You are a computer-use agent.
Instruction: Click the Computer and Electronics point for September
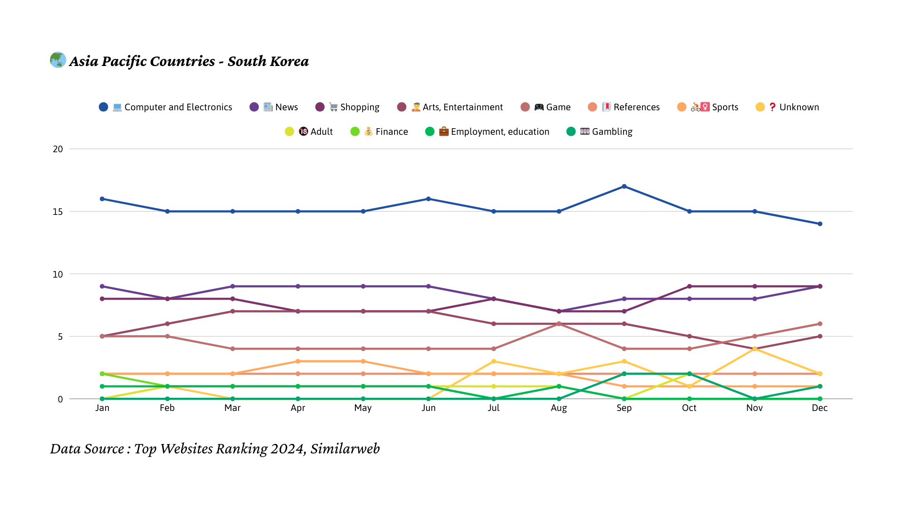point(624,187)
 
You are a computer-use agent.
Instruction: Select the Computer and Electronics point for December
point(820,224)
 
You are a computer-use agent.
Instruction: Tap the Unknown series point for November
point(755,349)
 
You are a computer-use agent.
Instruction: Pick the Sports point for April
point(298,361)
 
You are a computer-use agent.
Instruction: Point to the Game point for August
point(559,324)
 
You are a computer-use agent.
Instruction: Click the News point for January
point(102,287)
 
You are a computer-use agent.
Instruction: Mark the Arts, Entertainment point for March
point(232,312)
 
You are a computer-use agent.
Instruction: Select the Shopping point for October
point(689,287)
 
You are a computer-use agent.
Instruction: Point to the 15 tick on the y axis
point(58,212)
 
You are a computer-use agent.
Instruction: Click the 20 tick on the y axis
point(58,149)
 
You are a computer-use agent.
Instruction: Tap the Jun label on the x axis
point(428,408)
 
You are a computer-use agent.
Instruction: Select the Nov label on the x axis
point(754,408)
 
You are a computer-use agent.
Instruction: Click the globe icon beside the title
point(58,60)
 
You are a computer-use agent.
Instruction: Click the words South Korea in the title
point(268,61)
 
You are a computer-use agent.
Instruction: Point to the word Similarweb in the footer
point(345,449)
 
